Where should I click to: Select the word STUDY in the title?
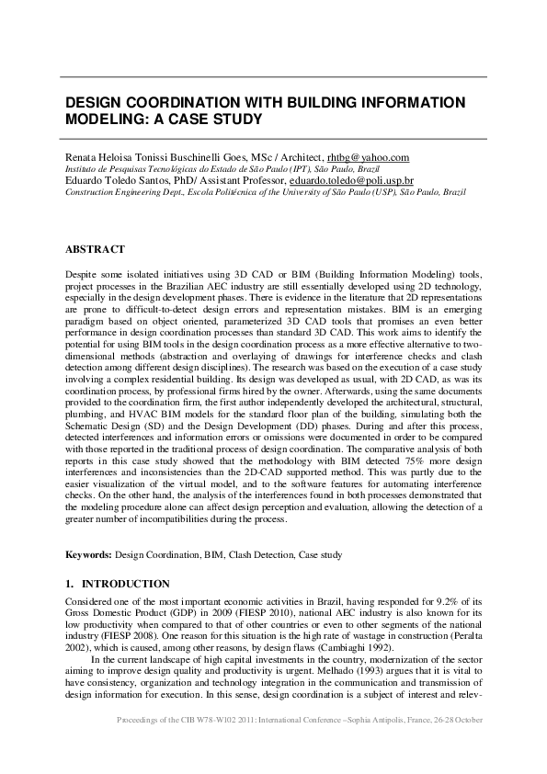(x=236, y=120)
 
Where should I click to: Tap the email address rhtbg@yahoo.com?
(x=368, y=158)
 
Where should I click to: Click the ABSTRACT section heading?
(x=95, y=249)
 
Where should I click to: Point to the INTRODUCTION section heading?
(x=126, y=584)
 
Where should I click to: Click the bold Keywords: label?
(x=88, y=555)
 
